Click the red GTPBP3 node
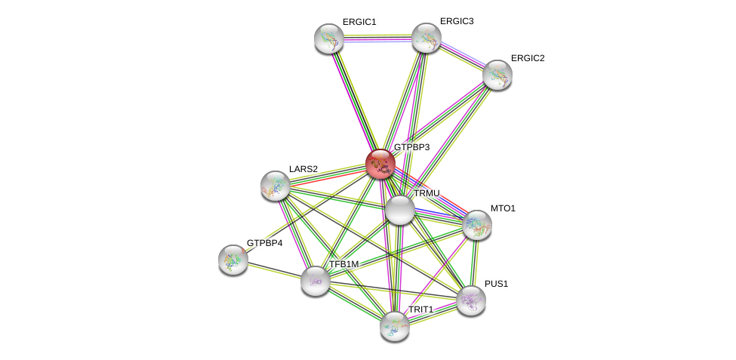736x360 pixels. point(380,163)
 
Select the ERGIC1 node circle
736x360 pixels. point(329,38)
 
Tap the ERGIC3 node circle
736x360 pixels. point(427,38)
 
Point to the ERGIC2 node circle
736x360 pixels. point(497,74)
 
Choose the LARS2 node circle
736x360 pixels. point(276,186)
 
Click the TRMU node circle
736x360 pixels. point(400,209)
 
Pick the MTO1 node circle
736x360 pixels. point(477,225)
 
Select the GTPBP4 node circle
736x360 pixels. point(233,260)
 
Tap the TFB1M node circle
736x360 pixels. point(316,281)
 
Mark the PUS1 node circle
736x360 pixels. point(470,300)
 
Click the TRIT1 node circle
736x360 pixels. point(395,326)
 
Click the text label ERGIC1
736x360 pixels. point(359,22)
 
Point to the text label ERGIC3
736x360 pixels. point(457,21)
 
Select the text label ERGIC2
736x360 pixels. point(528,58)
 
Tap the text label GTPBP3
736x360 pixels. point(411,147)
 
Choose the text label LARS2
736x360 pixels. point(303,168)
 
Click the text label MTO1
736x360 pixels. point(503,208)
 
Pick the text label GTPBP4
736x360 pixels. point(264,243)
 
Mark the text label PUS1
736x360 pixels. point(497,284)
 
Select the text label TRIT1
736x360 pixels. point(421,309)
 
